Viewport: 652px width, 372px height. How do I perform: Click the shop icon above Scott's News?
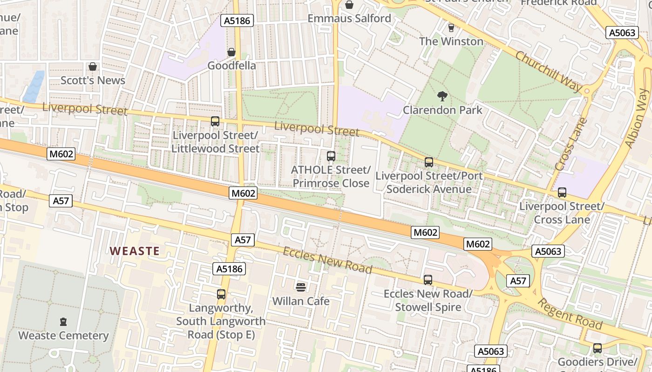point(93,66)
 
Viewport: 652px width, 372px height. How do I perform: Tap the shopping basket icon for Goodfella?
point(231,52)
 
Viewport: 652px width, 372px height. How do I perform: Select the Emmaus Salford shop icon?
point(349,5)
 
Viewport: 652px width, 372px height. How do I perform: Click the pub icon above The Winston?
point(450,27)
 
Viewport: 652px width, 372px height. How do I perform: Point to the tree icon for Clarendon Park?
point(442,96)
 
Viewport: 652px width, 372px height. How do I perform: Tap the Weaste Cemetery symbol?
point(63,321)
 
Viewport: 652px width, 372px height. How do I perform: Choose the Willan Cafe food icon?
point(300,287)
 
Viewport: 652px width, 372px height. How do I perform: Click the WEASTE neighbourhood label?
point(135,251)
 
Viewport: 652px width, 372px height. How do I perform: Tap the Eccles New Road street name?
point(327,260)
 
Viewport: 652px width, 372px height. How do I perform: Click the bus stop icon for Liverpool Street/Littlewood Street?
point(215,121)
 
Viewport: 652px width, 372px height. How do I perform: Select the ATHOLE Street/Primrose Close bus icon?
point(331,156)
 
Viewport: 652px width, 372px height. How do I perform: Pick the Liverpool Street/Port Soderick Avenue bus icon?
point(428,162)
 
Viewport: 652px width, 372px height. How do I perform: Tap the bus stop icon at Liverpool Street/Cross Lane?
point(562,192)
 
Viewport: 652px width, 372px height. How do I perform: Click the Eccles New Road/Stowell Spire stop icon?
point(428,279)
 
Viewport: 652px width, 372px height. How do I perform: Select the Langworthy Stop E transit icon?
point(221,294)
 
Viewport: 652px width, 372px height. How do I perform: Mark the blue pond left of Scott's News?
point(34,87)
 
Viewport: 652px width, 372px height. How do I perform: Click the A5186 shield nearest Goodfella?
point(237,20)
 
